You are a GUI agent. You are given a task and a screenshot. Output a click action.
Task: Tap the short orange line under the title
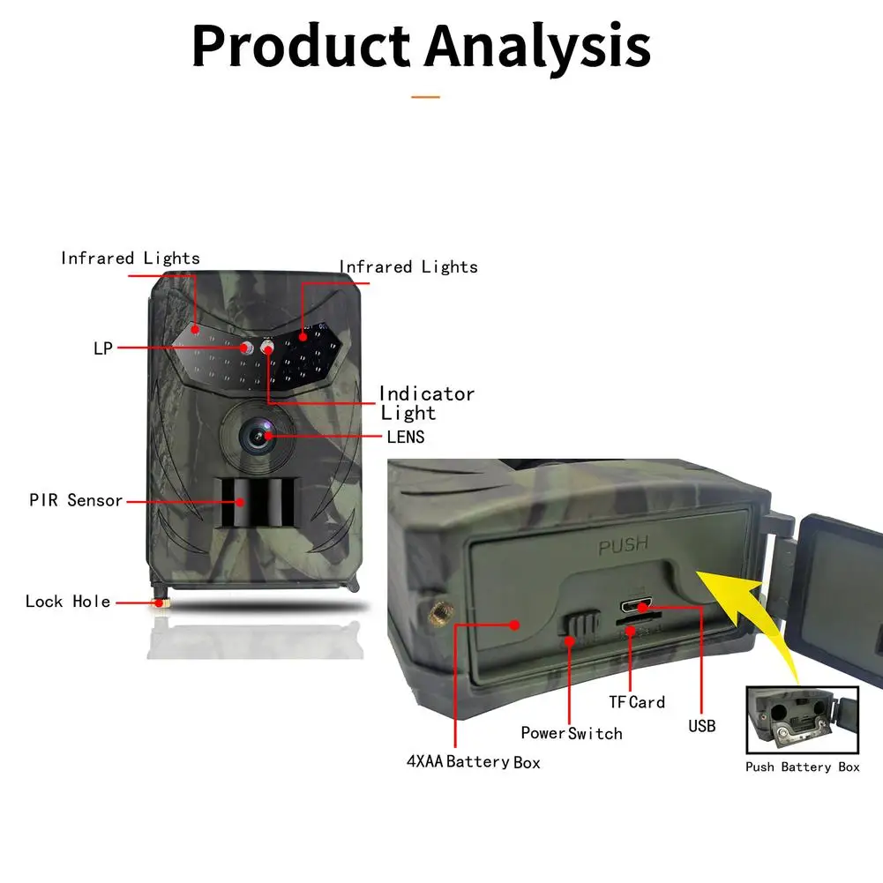(425, 96)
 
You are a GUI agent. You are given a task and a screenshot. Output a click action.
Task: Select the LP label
(103, 348)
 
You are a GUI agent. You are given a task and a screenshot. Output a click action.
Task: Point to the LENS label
(405, 437)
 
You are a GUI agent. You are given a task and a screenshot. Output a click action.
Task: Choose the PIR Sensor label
(76, 500)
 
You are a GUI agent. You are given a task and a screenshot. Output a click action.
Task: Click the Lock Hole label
(68, 602)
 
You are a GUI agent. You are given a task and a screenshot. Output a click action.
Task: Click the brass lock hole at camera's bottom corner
(161, 602)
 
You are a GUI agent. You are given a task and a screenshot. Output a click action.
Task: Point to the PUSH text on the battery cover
(623, 547)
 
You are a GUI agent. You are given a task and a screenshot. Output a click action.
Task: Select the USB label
(701, 726)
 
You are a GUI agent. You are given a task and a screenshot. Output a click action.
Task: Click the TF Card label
(637, 702)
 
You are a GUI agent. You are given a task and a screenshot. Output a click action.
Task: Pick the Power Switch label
(571, 733)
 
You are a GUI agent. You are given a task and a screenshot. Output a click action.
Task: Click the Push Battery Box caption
(802, 767)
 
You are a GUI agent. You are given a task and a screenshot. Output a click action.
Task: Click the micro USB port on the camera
(635, 607)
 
